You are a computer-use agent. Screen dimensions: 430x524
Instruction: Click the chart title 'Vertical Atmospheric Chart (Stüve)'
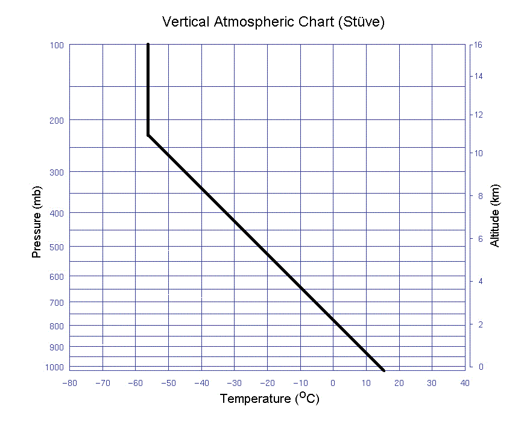click(x=273, y=22)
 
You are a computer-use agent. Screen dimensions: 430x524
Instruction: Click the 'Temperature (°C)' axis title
click(x=269, y=399)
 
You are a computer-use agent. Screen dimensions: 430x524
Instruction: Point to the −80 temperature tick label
click(x=69, y=383)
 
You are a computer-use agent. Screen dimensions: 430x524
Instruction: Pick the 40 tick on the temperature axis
click(x=464, y=383)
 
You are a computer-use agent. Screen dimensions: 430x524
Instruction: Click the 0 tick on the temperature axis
click(x=333, y=383)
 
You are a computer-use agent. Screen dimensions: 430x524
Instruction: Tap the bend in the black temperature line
click(x=148, y=135)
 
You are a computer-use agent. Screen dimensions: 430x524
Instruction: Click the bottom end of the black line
click(x=383, y=370)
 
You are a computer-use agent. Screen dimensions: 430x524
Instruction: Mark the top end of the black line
click(x=148, y=45)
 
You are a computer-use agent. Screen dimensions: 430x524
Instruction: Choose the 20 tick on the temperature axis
click(x=399, y=383)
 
